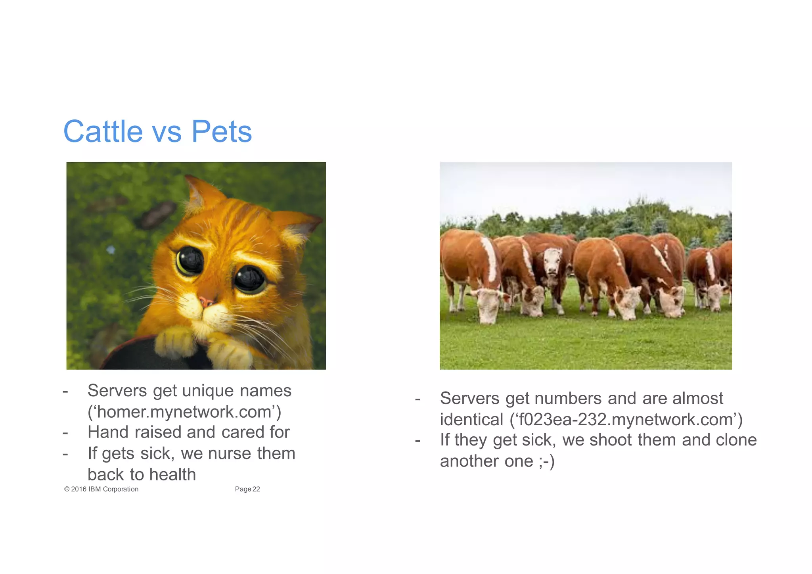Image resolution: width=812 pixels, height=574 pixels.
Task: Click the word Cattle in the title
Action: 103,132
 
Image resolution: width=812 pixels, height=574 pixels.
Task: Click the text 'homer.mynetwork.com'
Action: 184,412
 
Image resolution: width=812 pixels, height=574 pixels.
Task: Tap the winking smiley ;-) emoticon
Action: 546,461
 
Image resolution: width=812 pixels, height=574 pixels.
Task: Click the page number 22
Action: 256,489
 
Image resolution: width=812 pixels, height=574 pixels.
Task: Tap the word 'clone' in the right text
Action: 736,440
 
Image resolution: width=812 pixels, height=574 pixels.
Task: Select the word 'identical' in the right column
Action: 471,420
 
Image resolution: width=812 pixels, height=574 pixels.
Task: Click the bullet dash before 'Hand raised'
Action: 65,432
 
